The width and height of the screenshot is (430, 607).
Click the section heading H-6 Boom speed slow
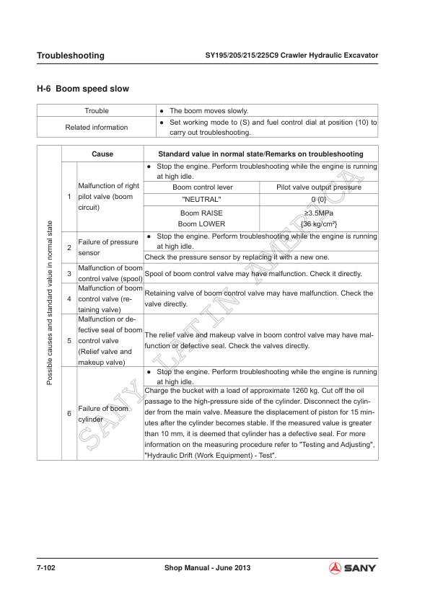pos(83,89)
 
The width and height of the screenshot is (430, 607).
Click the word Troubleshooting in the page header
pos(70,56)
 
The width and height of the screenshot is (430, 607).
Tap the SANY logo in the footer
pos(353,568)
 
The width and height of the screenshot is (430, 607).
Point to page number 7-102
pos(47,568)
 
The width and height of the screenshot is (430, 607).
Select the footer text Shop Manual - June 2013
pos(207,568)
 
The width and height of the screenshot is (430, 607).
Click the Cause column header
pos(102,154)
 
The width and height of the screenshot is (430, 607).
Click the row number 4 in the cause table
pos(69,298)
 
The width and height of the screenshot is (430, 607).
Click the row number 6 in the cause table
pos(69,413)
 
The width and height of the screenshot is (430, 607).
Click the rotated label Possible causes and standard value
pos(49,303)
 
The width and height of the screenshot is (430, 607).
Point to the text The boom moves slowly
pos(209,111)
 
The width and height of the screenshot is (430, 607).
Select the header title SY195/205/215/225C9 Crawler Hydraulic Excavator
pos(292,56)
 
